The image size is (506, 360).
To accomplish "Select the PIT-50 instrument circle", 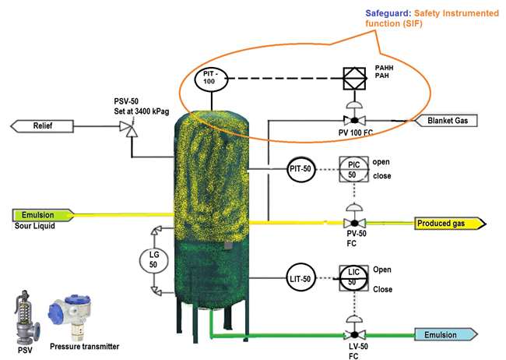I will point(300,169).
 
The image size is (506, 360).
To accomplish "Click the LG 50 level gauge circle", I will point(154,259).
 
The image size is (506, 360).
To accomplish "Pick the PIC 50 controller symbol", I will point(351,169).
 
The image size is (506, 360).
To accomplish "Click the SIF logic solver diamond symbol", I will point(355,79).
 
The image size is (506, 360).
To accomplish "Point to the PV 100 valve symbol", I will point(355,121).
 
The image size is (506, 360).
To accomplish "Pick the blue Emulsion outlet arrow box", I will point(447,334).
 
